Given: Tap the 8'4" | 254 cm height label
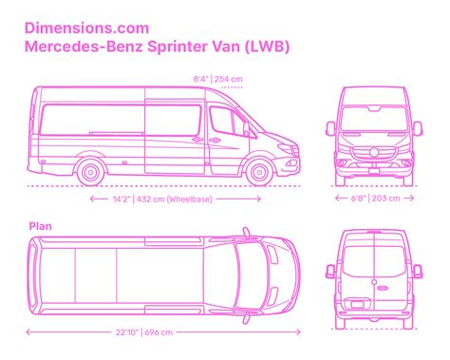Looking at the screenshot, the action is (217, 80).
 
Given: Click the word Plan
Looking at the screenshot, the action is (40, 226).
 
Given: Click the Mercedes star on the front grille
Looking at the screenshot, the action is (375, 153).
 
